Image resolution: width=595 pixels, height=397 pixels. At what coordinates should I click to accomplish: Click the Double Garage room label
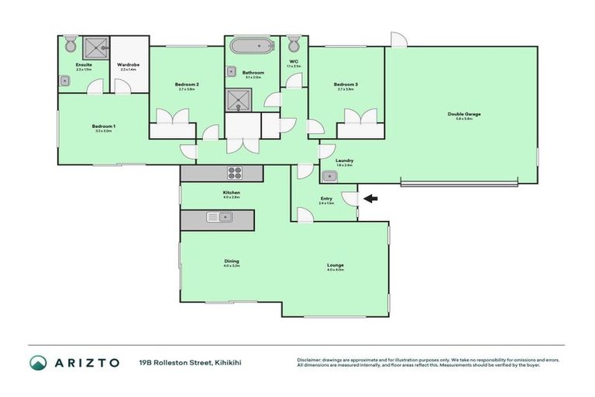(464, 114)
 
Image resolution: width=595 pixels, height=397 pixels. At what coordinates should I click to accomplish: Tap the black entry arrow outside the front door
(370, 199)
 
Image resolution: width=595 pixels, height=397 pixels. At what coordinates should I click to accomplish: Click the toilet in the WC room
(294, 44)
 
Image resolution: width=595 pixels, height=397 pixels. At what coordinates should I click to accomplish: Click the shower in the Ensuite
(98, 47)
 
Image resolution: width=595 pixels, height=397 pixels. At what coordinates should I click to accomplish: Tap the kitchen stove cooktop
(235, 173)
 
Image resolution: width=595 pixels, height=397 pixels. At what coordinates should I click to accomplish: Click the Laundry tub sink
(329, 177)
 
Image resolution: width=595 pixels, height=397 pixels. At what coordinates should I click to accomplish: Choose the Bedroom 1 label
(103, 126)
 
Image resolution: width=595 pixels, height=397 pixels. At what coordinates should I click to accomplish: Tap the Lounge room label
(335, 265)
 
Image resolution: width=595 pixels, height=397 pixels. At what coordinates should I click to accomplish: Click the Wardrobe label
(128, 64)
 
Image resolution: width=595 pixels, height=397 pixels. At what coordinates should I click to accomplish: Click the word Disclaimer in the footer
(311, 358)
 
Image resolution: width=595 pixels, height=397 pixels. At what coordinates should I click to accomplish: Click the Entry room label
(325, 198)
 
